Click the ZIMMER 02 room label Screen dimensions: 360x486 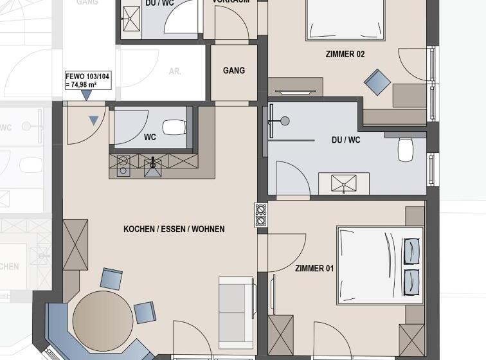coord(345,55)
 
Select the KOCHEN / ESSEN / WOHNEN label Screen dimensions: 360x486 coord(174,229)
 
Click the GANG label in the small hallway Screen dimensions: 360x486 coord(234,70)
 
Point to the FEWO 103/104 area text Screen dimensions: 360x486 coord(87,80)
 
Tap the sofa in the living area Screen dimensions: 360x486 coord(236,305)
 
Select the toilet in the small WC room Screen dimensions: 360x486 coord(174,127)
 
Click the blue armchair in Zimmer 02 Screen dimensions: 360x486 coord(377,82)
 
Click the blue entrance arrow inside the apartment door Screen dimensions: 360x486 coord(94,120)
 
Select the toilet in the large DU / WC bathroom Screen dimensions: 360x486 coord(406,150)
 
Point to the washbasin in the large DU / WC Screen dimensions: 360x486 coord(343,183)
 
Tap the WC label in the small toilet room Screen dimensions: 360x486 coord(150,137)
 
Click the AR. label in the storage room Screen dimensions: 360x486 coord(175,72)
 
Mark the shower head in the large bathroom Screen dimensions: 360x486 coord(285,121)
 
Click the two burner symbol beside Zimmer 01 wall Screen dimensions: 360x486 coord(261,215)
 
